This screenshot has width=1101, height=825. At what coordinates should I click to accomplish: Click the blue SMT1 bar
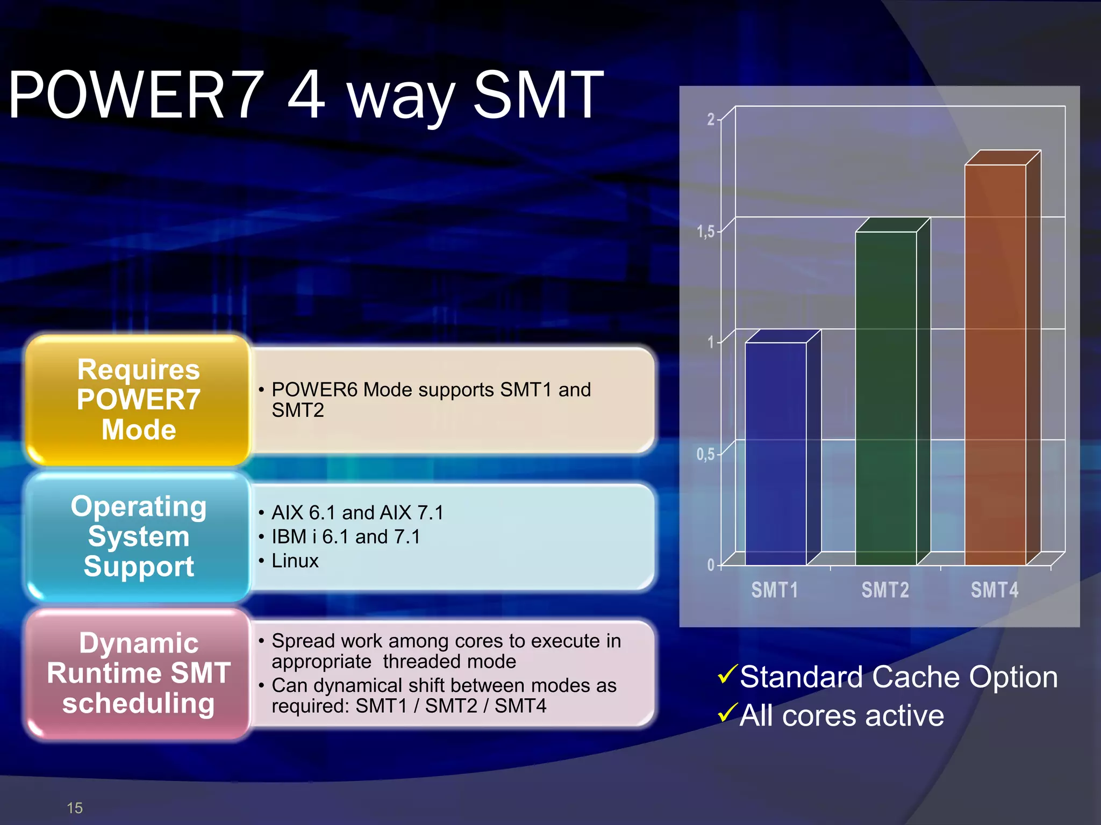point(776,454)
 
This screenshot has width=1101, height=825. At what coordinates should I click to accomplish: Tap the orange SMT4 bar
point(996,365)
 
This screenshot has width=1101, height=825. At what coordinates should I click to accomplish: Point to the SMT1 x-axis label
point(775,590)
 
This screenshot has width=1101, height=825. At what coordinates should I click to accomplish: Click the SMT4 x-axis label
point(995,590)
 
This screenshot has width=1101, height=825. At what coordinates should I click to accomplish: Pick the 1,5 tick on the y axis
point(706,231)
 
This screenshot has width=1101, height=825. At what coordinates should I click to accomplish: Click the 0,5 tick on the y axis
point(706,454)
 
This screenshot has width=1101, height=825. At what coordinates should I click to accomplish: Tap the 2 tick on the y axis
point(711,119)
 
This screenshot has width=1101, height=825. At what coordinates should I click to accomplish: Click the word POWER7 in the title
point(136,96)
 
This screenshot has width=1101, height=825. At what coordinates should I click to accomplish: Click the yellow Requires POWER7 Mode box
point(139,400)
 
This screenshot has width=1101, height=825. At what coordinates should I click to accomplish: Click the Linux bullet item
point(295,561)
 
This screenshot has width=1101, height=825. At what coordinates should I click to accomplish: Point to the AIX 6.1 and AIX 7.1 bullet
point(358,512)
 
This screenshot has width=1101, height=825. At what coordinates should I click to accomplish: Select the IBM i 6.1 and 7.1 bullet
point(346,537)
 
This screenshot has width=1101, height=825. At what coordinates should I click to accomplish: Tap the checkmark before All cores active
point(727,713)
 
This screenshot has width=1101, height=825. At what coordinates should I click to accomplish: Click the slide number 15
point(75,808)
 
